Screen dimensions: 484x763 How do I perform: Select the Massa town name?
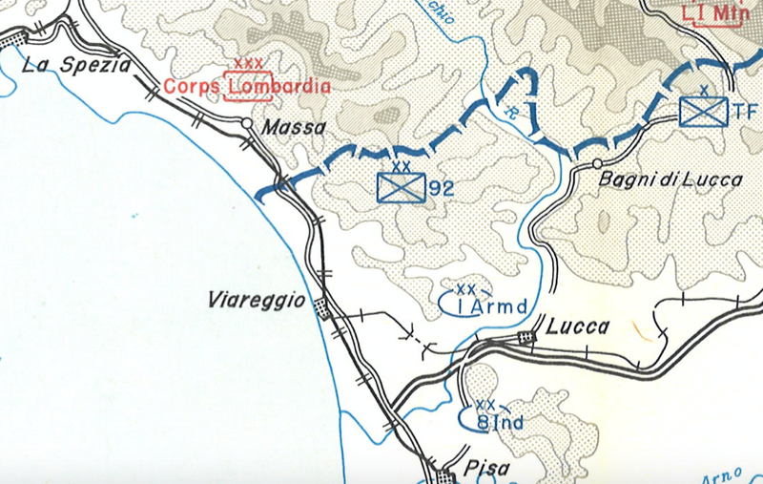click(294, 127)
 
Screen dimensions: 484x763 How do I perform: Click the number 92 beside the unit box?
click(441, 188)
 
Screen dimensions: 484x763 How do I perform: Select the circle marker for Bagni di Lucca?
click(597, 164)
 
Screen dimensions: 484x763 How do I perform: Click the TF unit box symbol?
click(705, 112)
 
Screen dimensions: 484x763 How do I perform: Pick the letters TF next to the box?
click(745, 113)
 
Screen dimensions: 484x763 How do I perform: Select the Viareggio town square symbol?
click(321, 307)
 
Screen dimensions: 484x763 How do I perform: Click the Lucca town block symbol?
click(526, 336)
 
